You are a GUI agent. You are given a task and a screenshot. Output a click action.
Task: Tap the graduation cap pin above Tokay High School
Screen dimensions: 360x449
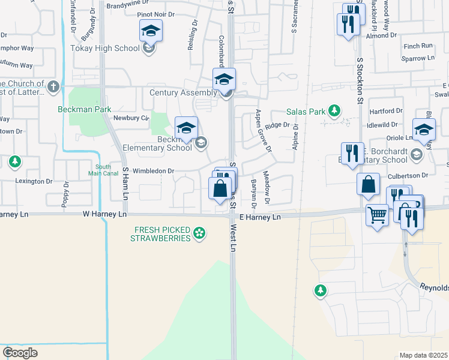coord(151,31)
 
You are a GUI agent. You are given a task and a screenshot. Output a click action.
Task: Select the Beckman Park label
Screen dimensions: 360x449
coord(85,110)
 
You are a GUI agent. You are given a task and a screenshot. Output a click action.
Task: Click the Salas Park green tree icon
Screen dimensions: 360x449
coord(334,111)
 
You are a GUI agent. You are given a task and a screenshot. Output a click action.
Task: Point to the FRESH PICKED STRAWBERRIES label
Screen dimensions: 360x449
coord(162,233)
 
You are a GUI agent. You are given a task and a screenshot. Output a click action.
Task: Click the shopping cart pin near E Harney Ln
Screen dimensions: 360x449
coord(377,214)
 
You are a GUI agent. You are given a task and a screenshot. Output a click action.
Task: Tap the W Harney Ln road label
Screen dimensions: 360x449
coord(104,214)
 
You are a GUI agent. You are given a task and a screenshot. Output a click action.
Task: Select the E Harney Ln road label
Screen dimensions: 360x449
coord(260,217)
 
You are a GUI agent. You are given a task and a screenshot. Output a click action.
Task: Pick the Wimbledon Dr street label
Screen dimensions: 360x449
coord(154,171)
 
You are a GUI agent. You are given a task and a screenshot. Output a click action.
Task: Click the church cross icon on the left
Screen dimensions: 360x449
coord(53,86)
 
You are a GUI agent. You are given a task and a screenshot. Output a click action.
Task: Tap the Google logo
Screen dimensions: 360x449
coord(20,353)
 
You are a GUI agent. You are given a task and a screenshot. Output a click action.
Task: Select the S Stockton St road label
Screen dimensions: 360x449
coord(360,77)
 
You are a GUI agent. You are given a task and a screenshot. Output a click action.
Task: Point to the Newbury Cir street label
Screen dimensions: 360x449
coord(130,118)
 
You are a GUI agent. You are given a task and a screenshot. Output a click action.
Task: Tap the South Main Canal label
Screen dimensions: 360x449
coord(102,170)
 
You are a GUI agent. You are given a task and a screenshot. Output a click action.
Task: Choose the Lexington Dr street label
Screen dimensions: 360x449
coord(34,181)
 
